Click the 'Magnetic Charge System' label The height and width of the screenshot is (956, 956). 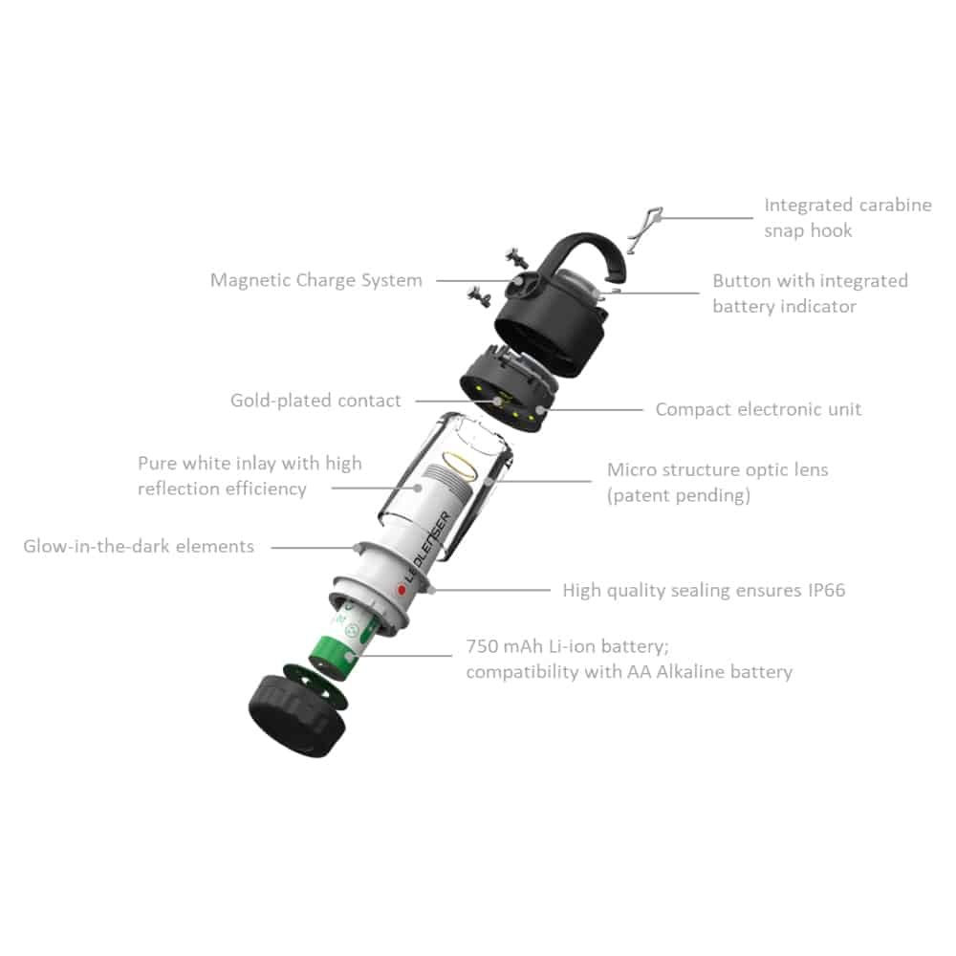(x=315, y=280)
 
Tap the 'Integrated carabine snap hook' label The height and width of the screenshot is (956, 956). (x=847, y=218)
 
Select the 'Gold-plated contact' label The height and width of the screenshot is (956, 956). (x=315, y=401)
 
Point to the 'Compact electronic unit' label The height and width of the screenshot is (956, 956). (x=758, y=409)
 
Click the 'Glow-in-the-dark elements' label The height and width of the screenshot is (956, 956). (x=139, y=546)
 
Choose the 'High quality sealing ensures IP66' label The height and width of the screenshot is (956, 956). (x=704, y=590)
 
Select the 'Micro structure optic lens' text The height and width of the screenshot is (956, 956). (x=717, y=469)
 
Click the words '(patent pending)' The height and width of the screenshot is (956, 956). (x=679, y=495)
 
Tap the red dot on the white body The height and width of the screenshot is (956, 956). (x=402, y=590)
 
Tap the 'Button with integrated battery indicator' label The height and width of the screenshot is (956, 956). (x=810, y=293)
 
